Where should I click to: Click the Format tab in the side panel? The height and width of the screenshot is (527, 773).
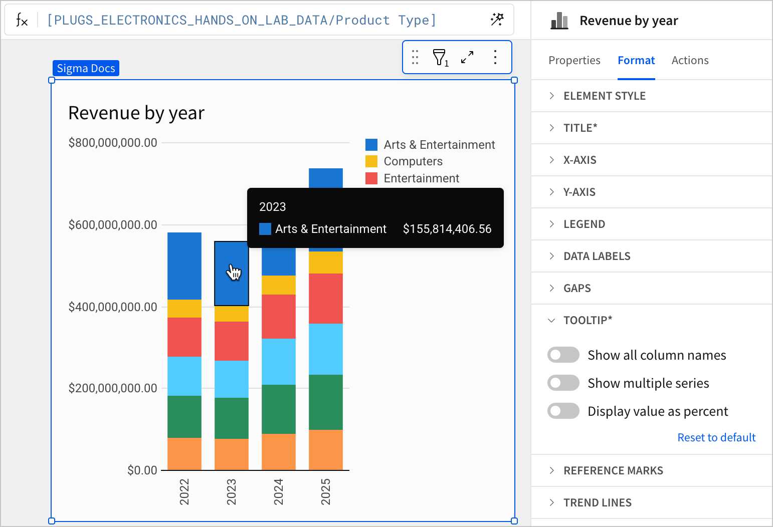[636, 61]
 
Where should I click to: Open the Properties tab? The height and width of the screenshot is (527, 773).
[574, 61]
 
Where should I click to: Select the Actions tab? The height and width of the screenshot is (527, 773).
[690, 61]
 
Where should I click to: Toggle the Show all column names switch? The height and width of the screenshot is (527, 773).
[563, 355]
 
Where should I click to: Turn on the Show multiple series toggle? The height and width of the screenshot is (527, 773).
[563, 383]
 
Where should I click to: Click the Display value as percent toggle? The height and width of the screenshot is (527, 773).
[563, 411]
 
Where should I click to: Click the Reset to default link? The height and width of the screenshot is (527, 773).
[716, 437]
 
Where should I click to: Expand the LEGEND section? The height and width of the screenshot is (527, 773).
[584, 224]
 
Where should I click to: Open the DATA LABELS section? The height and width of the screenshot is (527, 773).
[597, 256]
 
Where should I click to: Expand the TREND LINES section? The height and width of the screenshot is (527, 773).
[597, 502]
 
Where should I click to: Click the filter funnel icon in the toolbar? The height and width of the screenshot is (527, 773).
[440, 58]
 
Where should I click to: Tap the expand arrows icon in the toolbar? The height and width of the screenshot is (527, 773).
[467, 57]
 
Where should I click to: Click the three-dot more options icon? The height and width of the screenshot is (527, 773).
[495, 57]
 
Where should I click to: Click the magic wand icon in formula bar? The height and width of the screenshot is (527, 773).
[497, 20]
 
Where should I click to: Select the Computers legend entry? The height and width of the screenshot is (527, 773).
[413, 161]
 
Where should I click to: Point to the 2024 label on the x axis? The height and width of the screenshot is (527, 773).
[278, 491]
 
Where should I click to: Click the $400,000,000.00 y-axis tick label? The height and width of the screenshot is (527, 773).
[113, 307]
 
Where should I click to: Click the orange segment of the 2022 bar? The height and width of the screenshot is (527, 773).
[184, 453]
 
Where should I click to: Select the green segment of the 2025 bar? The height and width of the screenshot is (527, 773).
[326, 402]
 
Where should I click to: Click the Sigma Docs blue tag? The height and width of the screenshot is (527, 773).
[86, 68]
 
